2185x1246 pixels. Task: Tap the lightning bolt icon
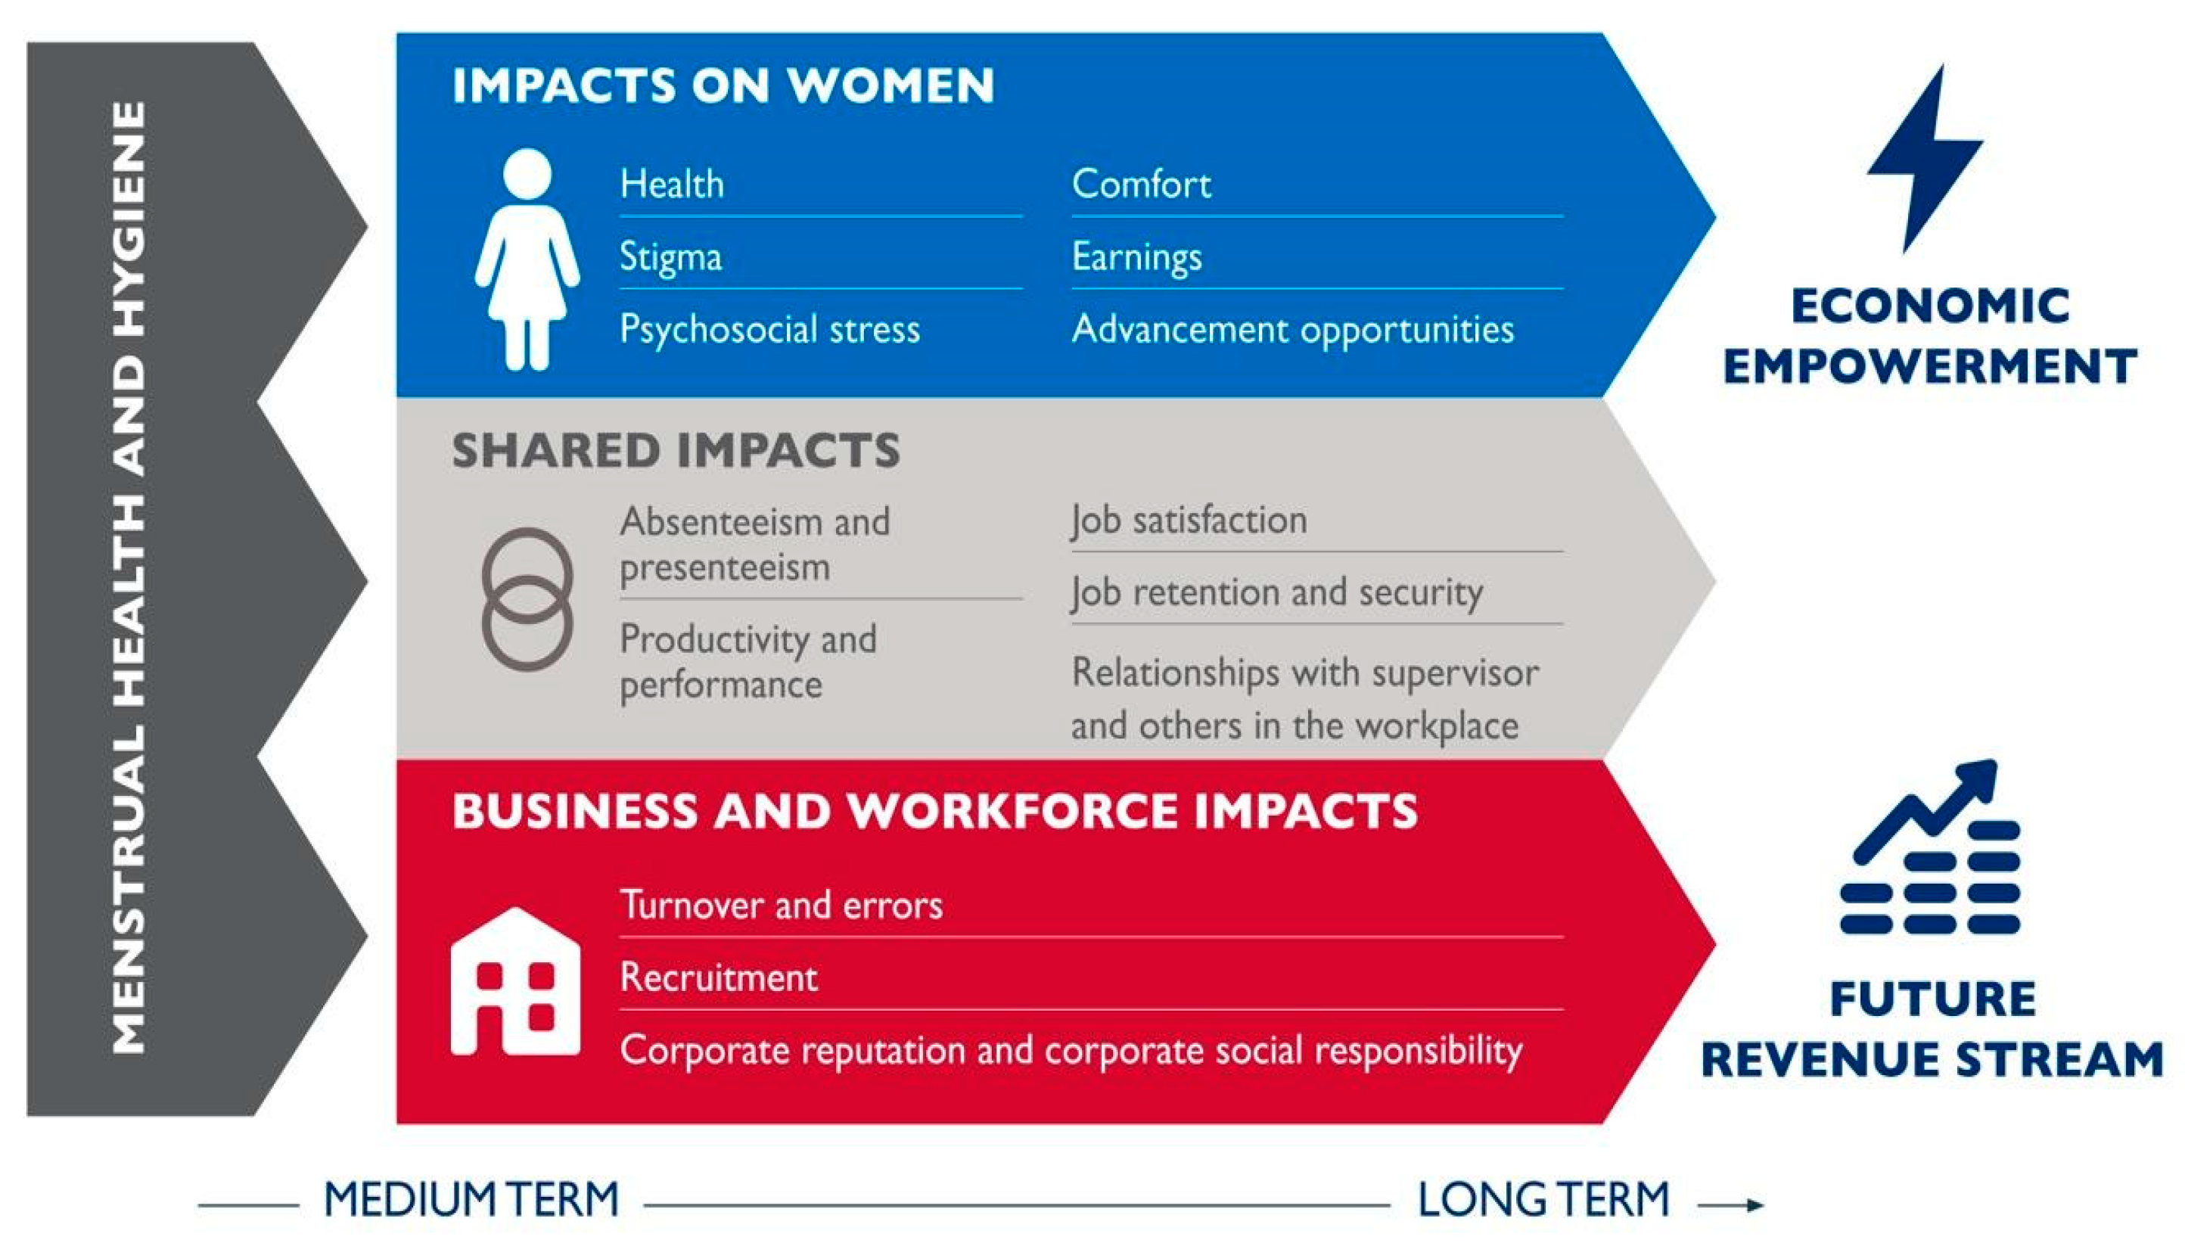[x=1924, y=158]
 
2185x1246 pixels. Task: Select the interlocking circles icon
[x=527, y=599]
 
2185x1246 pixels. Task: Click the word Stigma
[x=670, y=256]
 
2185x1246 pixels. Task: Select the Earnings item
[x=1136, y=256]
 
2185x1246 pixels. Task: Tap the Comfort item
[x=1142, y=184]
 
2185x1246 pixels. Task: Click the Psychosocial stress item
[x=769, y=330]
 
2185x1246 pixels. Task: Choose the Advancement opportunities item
[x=1292, y=331]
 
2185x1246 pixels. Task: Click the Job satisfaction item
[x=1189, y=520]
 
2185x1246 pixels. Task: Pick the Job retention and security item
[x=1276, y=593]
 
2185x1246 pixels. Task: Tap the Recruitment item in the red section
[x=719, y=978]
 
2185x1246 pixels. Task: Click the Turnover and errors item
[x=782, y=906]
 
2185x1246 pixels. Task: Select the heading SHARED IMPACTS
[x=676, y=450]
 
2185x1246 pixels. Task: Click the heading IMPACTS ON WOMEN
[x=723, y=85]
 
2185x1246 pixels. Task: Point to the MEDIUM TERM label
[x=471, y=1199]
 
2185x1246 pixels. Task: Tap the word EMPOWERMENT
[x=1930, y=366]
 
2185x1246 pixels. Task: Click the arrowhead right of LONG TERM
[x=1755, y=1205]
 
